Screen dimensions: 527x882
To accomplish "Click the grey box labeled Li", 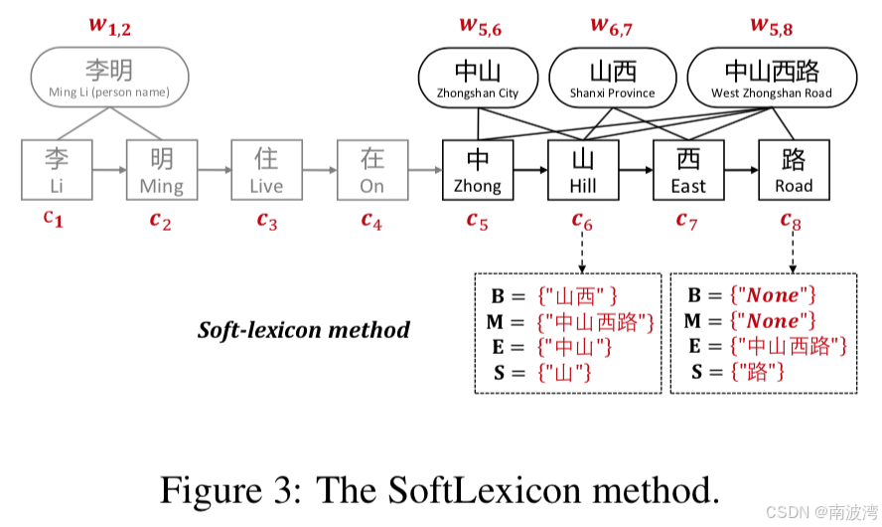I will (x=57, y=171).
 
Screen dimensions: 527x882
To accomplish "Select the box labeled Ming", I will (x=162, y=171).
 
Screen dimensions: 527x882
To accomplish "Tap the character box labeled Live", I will (x=266, y=171).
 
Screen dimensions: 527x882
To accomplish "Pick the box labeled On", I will (x=371, y=171).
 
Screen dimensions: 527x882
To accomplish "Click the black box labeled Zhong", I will (x=478, y=171).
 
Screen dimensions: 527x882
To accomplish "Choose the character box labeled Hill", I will (x=583, y=171).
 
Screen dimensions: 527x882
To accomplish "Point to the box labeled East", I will (x=688, y=171).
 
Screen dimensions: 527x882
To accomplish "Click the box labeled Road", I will (x=794, y=171).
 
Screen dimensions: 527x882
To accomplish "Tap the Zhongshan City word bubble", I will (x=478, y=80).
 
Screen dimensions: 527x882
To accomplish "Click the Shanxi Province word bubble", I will (x=612, y=80).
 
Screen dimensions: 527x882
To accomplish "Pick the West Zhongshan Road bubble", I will (x=772, y=80).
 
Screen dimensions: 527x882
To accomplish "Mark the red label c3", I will (x=267, y=220).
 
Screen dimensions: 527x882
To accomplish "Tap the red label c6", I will (x=583, y=221).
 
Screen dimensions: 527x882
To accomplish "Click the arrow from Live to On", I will (x=319, y=171).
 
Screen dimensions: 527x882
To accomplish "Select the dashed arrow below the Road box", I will (x=794, y=254).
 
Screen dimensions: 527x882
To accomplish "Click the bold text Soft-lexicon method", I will (x=304, y=329).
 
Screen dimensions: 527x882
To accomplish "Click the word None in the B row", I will (x=773, y=295).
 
